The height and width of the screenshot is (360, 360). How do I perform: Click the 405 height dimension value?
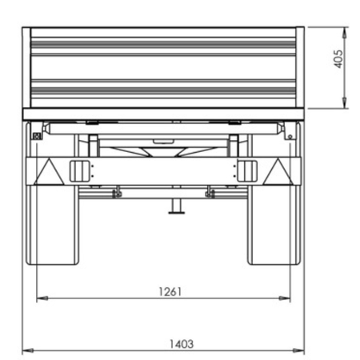pyautogui.click(x=338, y=59)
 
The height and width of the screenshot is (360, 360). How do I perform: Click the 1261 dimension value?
pyautogui.click(x=170, y=292)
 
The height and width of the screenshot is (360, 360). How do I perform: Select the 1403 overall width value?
pyautogui.click(x=182, y=344)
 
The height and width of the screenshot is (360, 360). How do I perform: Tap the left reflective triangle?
pyautogui.click(x=49, y=172)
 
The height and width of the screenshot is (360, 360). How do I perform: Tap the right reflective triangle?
pyautogui.click(x=278, y=172)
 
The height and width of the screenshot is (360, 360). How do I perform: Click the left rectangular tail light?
pyautogui.click(x=79, y=171)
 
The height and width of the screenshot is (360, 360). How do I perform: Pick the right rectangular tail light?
pyautogui.click(x=247, y=171)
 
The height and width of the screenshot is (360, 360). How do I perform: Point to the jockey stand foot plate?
pyautogui.click(x=177, y=213)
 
